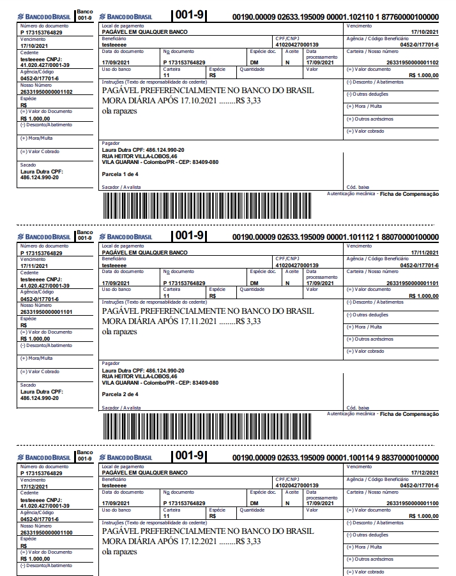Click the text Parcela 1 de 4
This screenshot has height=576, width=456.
[x=120, y=174]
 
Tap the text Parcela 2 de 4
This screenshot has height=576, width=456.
[x=120, y=394]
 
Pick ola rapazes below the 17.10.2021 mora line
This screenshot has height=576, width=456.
[x=119, y=111]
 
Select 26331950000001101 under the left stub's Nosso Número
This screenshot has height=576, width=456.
[x=46, y=312]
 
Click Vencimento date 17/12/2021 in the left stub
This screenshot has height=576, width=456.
[x=34, y=486]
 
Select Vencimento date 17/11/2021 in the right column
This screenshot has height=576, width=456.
[x=424, y=253]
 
